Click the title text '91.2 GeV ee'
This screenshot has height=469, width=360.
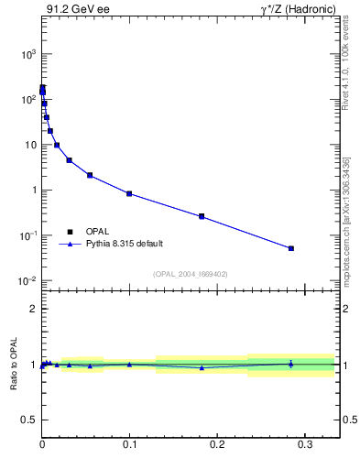click(x=71, y=10)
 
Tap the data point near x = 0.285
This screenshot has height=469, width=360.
click(x=291, y=248)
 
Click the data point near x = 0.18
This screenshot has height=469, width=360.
click(x=202, y=216)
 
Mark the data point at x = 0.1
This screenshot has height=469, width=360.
click(x=129, y=193)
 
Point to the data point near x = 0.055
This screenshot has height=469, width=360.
click(x=90, y=175)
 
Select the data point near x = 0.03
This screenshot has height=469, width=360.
click(x=69, y=160)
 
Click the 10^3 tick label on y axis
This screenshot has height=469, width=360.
click(x=27, y=55)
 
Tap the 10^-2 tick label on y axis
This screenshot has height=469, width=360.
click(x=27, y=281)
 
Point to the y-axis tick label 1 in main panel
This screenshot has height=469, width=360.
click(x=32, y=191)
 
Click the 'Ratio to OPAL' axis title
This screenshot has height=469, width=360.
click(x=14, y=365)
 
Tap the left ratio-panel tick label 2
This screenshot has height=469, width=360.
click(x=33, y=309)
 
